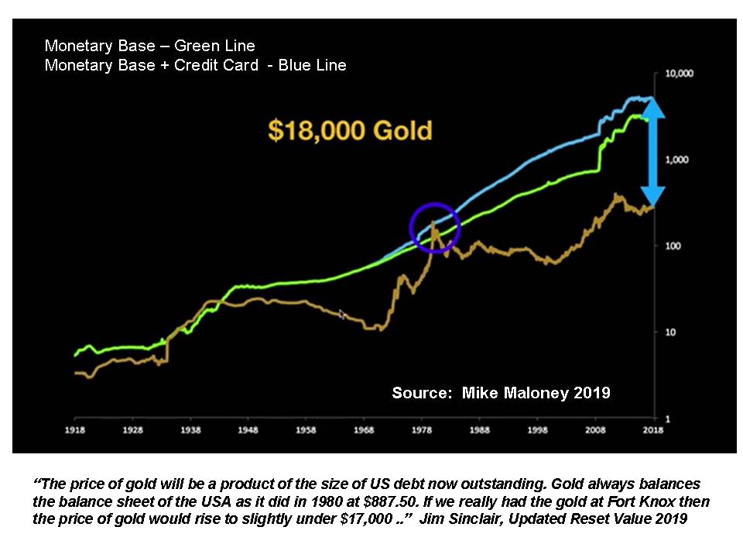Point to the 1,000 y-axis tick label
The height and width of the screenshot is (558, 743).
coord(678,160)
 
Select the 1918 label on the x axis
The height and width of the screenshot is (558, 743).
coord(75,428)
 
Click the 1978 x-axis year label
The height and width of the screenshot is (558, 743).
coord(422,428)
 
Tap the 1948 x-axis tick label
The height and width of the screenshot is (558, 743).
coord(248,428)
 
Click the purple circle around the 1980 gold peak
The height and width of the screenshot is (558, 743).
coord(434,228)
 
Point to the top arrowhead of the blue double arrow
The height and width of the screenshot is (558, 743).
coord(654,108)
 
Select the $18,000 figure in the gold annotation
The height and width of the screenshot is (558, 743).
coord(315,130)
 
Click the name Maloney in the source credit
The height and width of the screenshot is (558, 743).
coord(532,393)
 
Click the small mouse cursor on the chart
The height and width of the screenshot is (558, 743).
coord(342,314)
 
